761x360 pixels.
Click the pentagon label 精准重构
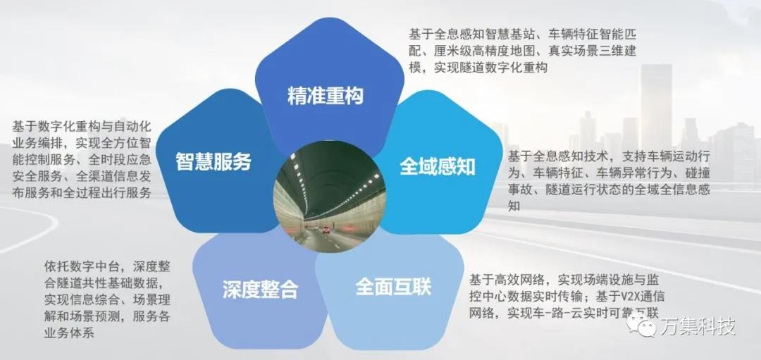tap(325, 96)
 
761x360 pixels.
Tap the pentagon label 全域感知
tap(438, 167)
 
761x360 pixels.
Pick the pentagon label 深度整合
tap(260, 290)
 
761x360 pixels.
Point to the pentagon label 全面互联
tap(393, 287)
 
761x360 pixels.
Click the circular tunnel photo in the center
tap(330, 197)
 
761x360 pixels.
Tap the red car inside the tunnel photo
tap(326, 230)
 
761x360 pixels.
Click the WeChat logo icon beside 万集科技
tap(641, 325)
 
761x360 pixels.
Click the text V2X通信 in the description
tap(636, 297)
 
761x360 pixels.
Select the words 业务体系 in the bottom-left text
tap(69, 333)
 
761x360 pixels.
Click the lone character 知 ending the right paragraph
tap(514, 206)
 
